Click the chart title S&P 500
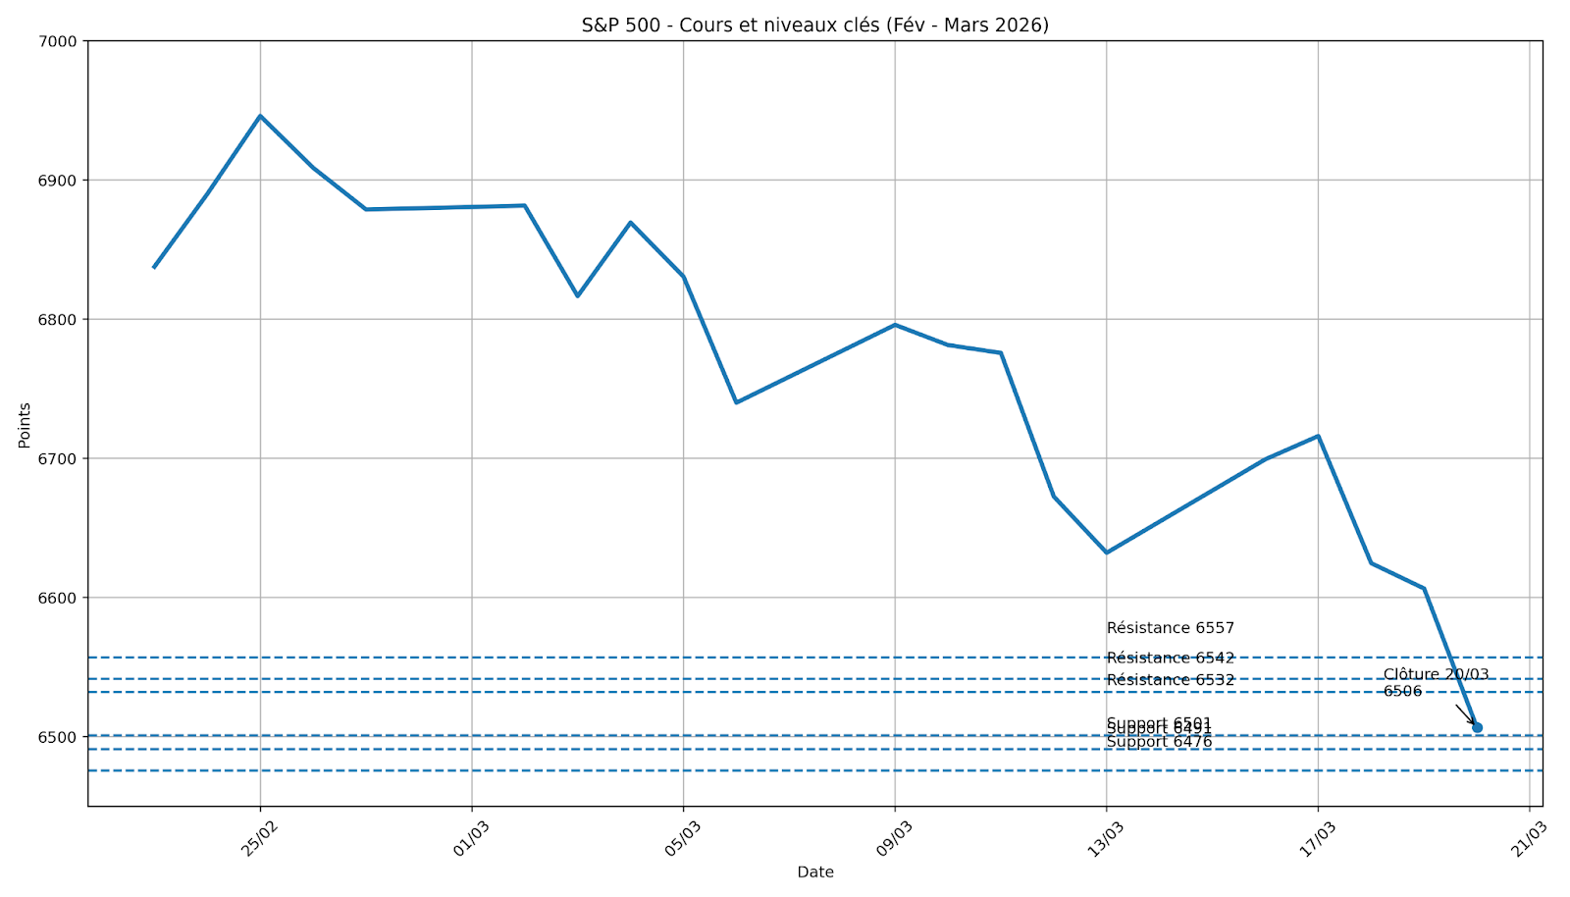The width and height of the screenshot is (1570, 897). pyautogui.click(x=814, y=25)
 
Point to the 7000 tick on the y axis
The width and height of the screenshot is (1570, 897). pyautogui.click(x=61, y=41)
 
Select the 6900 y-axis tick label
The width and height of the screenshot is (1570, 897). pyautogui.click(x=61, y=181)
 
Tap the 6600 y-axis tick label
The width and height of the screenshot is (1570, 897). pyautogui.click(x=61, y=598)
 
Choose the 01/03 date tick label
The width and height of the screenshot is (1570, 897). pyautogui.click(x=472, y=839)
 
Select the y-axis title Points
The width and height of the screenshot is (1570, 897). pyautogui.click(x=25, y=425)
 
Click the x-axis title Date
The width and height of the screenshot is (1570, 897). pyautogui.click(x=814, y=872)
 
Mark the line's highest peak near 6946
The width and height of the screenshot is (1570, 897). pyautogui.click(x=260, y=116)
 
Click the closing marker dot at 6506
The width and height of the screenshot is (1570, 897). pyautogui.click(x=1478, y=727)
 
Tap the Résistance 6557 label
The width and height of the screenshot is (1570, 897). pyautogui.click(x=1170, y=628)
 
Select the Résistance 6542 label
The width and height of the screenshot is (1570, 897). pyautogui.click(x=1170, y=659)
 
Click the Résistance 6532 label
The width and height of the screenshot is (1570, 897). pyautogui.click(x=1170, y=680)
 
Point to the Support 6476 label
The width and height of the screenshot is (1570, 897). pyautogui.click(x=1159, y=743)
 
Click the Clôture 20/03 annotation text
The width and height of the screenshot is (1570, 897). pyautogui.click(x=1436, y=675)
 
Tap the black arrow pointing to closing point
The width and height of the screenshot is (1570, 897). pyautogui.click(x=1465, y=714)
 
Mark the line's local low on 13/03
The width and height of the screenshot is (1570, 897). pyautogui.click(x=1107, y=553)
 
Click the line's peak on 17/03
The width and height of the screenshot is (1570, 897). pyautogui.click(x=1318, y=436)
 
